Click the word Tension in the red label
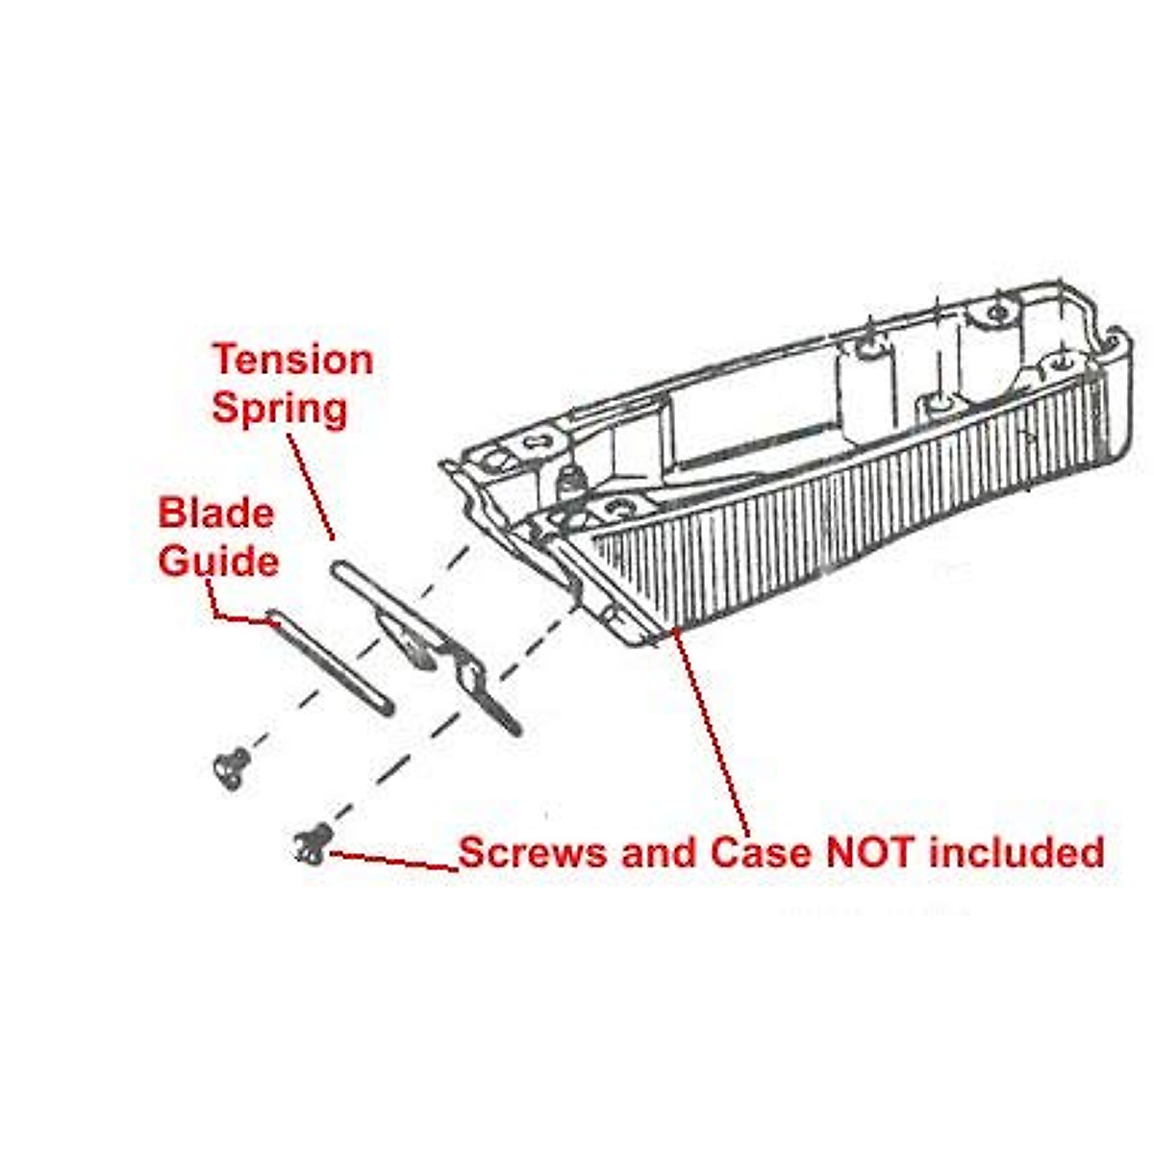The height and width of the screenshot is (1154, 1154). coord(292,361)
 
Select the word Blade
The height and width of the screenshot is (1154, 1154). coord(215,513)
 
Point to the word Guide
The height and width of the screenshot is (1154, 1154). coord(218,561)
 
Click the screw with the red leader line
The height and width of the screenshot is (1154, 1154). coord(314,844)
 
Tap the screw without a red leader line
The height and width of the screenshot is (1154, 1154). coord(231,766)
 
